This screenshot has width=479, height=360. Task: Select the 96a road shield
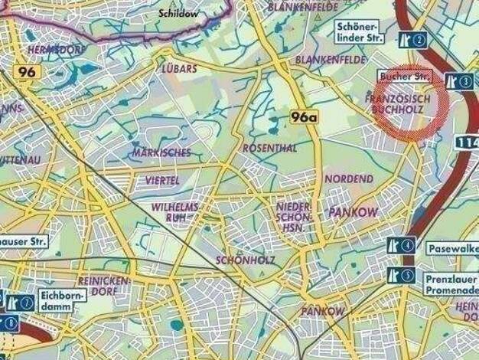(304, 117)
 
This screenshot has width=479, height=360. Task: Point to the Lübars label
(180, 68)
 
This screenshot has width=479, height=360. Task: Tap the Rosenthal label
(269, 148)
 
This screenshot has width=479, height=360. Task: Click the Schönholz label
(242, 260)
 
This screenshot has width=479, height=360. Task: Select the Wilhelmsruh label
(175, 212)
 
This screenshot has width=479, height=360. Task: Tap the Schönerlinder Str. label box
(360, 32)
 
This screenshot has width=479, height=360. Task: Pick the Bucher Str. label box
(406, 78)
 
